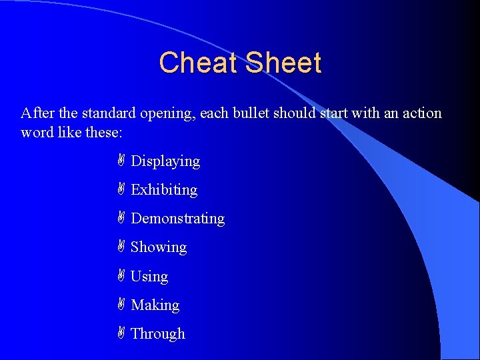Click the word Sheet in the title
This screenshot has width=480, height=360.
pos(283,63)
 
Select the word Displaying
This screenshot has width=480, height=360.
pos(165,161)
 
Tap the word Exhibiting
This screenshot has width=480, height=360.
pos(164,190)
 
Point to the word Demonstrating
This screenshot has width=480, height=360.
pos(178,219)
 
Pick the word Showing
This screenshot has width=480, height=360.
pos(159,247)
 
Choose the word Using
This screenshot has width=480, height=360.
pos(149,276)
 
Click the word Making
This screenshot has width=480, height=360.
pos(155,305)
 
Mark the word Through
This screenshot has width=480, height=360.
pos(158,334)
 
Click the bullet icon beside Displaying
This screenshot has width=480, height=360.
pos(121,161)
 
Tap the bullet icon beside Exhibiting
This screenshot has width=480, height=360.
pos(121,189)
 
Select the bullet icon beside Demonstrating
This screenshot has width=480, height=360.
pos(121,218)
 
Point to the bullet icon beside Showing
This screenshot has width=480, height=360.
pos(121,247)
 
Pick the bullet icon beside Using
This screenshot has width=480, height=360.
pos(121,275)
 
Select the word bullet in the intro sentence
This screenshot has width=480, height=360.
pos(255,113)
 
